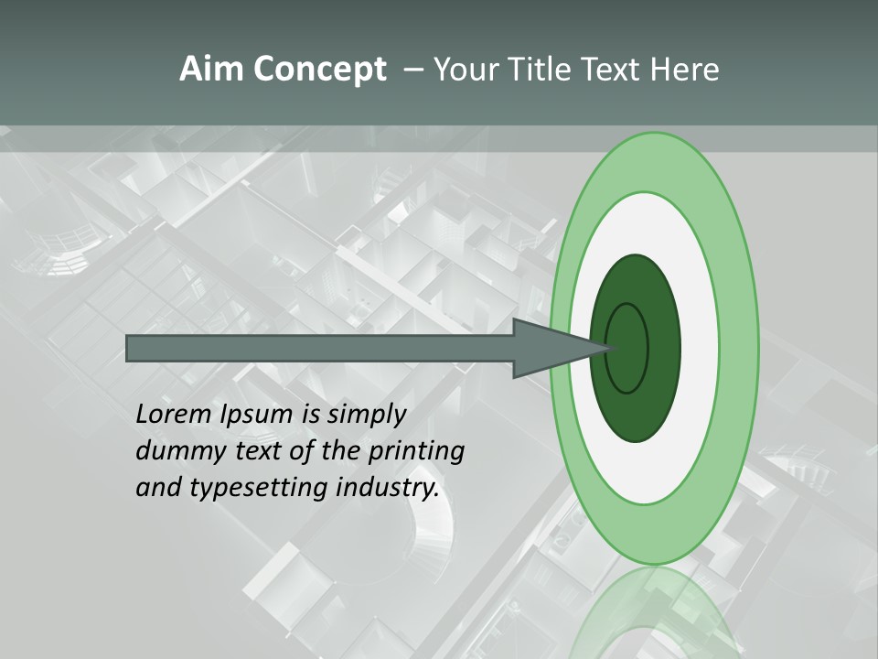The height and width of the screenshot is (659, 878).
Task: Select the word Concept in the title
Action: [320, 70]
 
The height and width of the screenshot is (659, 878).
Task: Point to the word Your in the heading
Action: [465, 70]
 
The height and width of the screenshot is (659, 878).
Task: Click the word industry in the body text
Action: [387, 488]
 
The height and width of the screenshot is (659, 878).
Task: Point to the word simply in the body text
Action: [365, 416]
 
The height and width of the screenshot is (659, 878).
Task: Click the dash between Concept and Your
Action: [412, 70]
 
